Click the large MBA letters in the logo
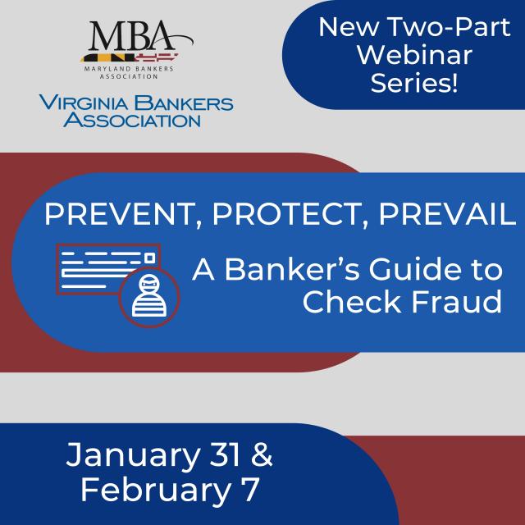point(130,35)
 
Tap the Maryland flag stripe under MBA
point(129,57)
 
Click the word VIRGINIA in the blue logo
point(84,103)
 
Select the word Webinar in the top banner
point(414,55)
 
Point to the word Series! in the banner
point(413,83)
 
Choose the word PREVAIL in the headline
point(447,214)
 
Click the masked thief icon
point(149,297)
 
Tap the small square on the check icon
point(150,258)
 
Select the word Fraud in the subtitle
point(457,303)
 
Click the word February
point(156,490)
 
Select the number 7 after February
point(251,490)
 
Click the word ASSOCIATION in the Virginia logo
point(132,120)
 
